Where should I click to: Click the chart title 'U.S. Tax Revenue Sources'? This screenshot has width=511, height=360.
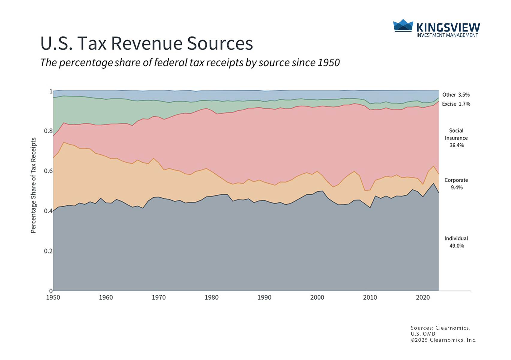coord(147,43)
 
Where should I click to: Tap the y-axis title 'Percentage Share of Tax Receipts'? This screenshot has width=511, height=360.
coord(33,185)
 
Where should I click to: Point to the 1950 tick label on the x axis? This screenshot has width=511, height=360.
coord(53,297)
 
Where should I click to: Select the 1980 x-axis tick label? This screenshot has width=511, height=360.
coord(211,297)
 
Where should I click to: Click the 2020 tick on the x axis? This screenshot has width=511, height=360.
coord(423,297)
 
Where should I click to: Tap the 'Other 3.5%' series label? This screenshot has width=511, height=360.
coord(456,95)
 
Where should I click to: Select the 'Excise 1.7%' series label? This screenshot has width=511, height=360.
coord(456,104)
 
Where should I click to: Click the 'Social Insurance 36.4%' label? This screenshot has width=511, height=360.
coord(456,138)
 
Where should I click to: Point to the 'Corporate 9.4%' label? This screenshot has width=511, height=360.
coord(456,184)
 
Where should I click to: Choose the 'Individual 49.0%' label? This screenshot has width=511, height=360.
coord(456,242)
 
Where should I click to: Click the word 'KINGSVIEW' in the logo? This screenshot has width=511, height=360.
coord(448,28)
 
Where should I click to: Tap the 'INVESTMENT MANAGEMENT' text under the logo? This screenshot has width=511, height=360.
coord(447,35)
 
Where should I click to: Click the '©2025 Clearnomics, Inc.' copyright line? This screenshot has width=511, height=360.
coord(444,340)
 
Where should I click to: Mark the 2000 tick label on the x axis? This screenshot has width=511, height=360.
coord(317,297)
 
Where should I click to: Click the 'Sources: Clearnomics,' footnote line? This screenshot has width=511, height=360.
coord(441,328)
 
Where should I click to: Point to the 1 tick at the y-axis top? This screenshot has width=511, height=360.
coord(51,91)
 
